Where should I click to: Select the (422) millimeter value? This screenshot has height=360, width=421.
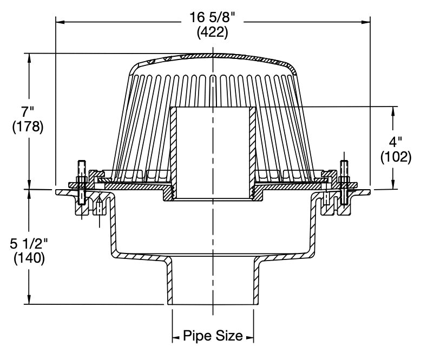213,32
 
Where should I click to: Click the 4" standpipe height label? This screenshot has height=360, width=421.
396,143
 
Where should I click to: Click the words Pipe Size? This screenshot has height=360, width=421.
213,336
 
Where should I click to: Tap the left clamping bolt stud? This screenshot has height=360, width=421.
81,184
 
